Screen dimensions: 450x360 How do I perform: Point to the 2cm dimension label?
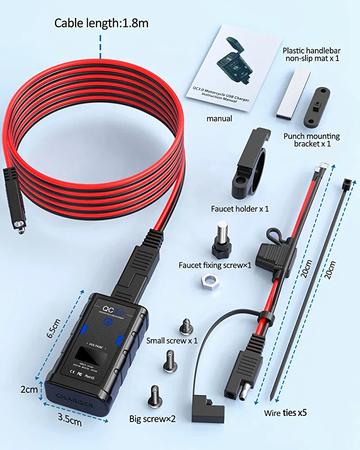point(29,389)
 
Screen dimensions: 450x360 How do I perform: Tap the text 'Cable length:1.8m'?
point(101,23)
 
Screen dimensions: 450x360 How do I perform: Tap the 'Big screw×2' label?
point(152,418)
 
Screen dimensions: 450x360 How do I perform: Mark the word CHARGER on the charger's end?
point(74,399)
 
